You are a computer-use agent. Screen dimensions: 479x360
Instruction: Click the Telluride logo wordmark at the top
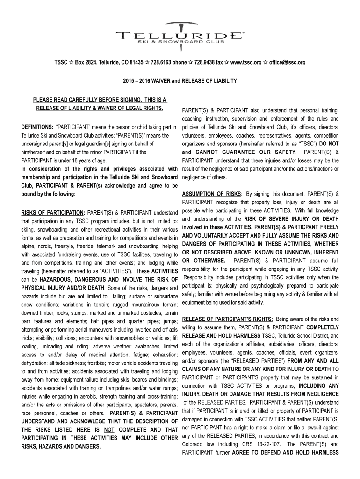[180, 35]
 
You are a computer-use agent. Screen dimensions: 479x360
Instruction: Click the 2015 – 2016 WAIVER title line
[180, 81]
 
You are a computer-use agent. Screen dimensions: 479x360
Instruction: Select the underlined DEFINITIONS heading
[37, 127]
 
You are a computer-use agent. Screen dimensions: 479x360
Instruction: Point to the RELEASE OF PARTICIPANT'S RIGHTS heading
[228, 319]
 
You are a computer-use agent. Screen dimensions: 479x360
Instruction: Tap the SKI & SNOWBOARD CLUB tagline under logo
[180, 43]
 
